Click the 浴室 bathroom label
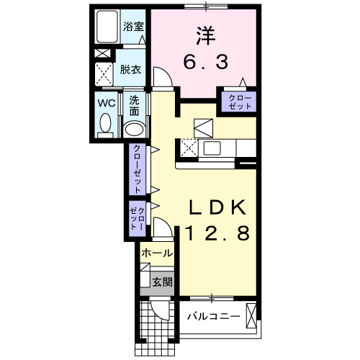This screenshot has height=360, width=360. pos(133,27)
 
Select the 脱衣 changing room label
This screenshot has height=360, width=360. pos(130,70)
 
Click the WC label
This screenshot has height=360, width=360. pos(107,102)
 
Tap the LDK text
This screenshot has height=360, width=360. pos(217,207)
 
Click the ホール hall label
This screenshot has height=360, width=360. pos(156,253)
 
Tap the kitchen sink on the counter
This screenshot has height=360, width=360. pos(214,148)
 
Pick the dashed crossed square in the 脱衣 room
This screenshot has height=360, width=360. pos(104,73)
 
